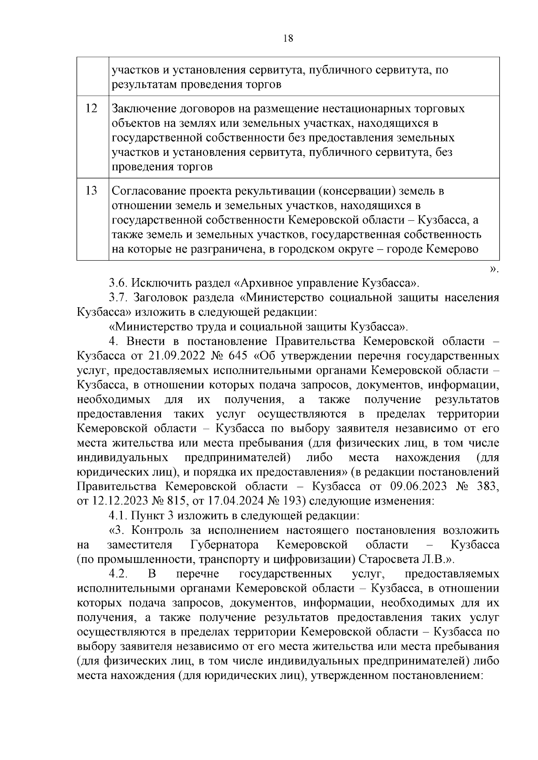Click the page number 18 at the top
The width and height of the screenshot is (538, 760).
[x=288, y=39]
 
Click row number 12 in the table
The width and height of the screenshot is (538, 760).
[x=91, y=109]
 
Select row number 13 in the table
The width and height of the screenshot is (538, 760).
[x=91, y=191]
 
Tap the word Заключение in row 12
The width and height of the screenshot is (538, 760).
[x=143, y=109]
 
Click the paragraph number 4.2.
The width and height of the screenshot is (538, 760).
[x=119, y=574]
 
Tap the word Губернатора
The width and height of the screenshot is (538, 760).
[x=224, y=545]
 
